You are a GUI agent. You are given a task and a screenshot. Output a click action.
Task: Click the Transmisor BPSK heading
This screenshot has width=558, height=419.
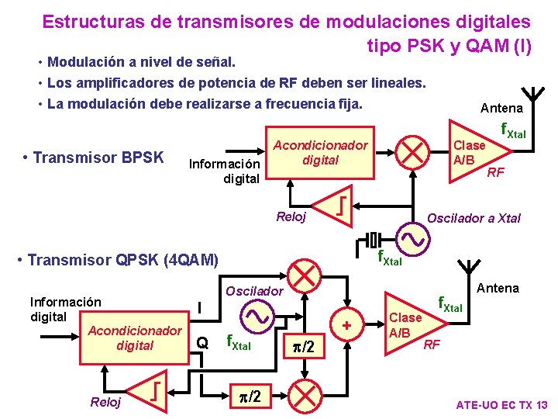tap(93, 158)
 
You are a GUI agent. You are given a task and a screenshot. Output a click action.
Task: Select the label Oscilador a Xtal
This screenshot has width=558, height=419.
tap(474, 218)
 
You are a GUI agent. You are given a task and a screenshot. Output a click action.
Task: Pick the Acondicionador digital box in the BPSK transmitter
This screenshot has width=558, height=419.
tap(320, 153)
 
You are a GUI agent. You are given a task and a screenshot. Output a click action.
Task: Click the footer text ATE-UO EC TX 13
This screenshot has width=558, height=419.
tap(501, 405)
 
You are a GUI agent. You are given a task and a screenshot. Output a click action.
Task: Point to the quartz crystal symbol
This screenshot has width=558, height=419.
tap(374, 238)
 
